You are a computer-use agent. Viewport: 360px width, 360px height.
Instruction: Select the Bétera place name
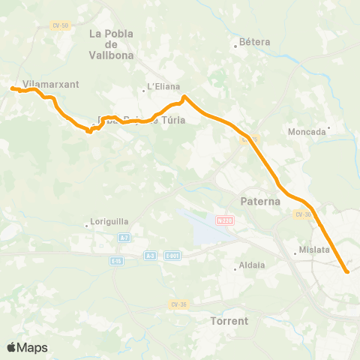pos(254,43)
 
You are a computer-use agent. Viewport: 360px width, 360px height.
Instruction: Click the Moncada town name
pos(307,131)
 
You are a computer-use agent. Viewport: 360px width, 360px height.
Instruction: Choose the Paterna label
pos(259,201)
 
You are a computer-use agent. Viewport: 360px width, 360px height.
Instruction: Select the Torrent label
pos(230,320)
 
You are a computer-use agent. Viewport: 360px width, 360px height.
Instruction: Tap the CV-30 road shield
pos(303,214)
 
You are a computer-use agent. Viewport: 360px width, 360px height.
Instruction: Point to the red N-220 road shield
pos(224,220)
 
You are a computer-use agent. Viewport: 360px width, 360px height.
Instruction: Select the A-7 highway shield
pos(124,238)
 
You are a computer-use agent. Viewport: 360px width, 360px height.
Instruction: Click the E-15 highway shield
pos(116,261)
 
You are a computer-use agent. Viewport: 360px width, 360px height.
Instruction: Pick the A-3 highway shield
pos(150,256)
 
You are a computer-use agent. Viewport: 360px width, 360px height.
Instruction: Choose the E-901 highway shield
pos(172,256)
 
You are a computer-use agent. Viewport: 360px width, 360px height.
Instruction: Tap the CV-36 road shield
pos(177,304)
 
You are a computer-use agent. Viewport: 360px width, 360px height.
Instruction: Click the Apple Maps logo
pos(26,347)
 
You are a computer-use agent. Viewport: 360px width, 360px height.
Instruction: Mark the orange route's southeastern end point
pos(346,271)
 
